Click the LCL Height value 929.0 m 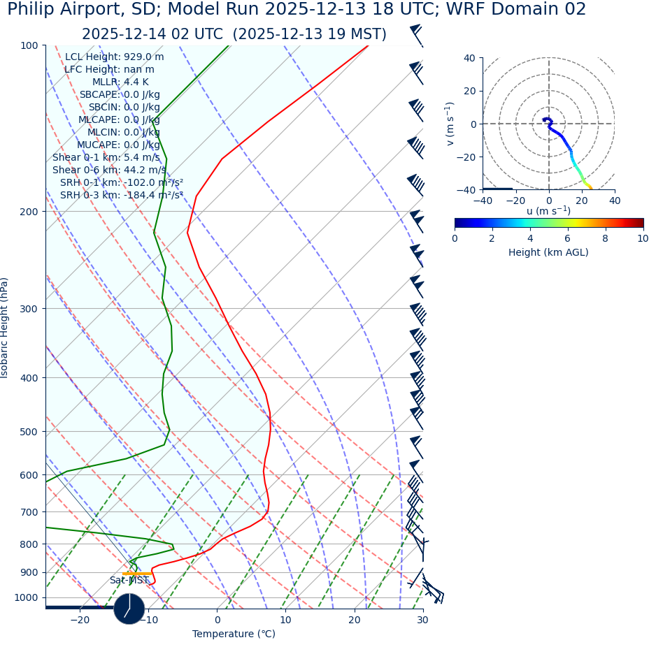[x=143, y=57]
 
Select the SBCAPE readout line [x=120, y=95]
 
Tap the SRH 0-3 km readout [x=122, y=196]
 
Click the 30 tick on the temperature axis [x=422, y=620]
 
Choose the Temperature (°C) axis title [x=234, y=634]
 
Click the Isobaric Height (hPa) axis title [x=6, y=328]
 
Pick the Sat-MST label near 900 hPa [x=129, y=581]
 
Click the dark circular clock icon [x=129, y=609]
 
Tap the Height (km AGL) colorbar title [x=548, y=253]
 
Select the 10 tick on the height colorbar [x=642, y=239]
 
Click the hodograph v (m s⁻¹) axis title [x=450, y=124]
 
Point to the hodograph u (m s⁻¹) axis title [x=548, y=211]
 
